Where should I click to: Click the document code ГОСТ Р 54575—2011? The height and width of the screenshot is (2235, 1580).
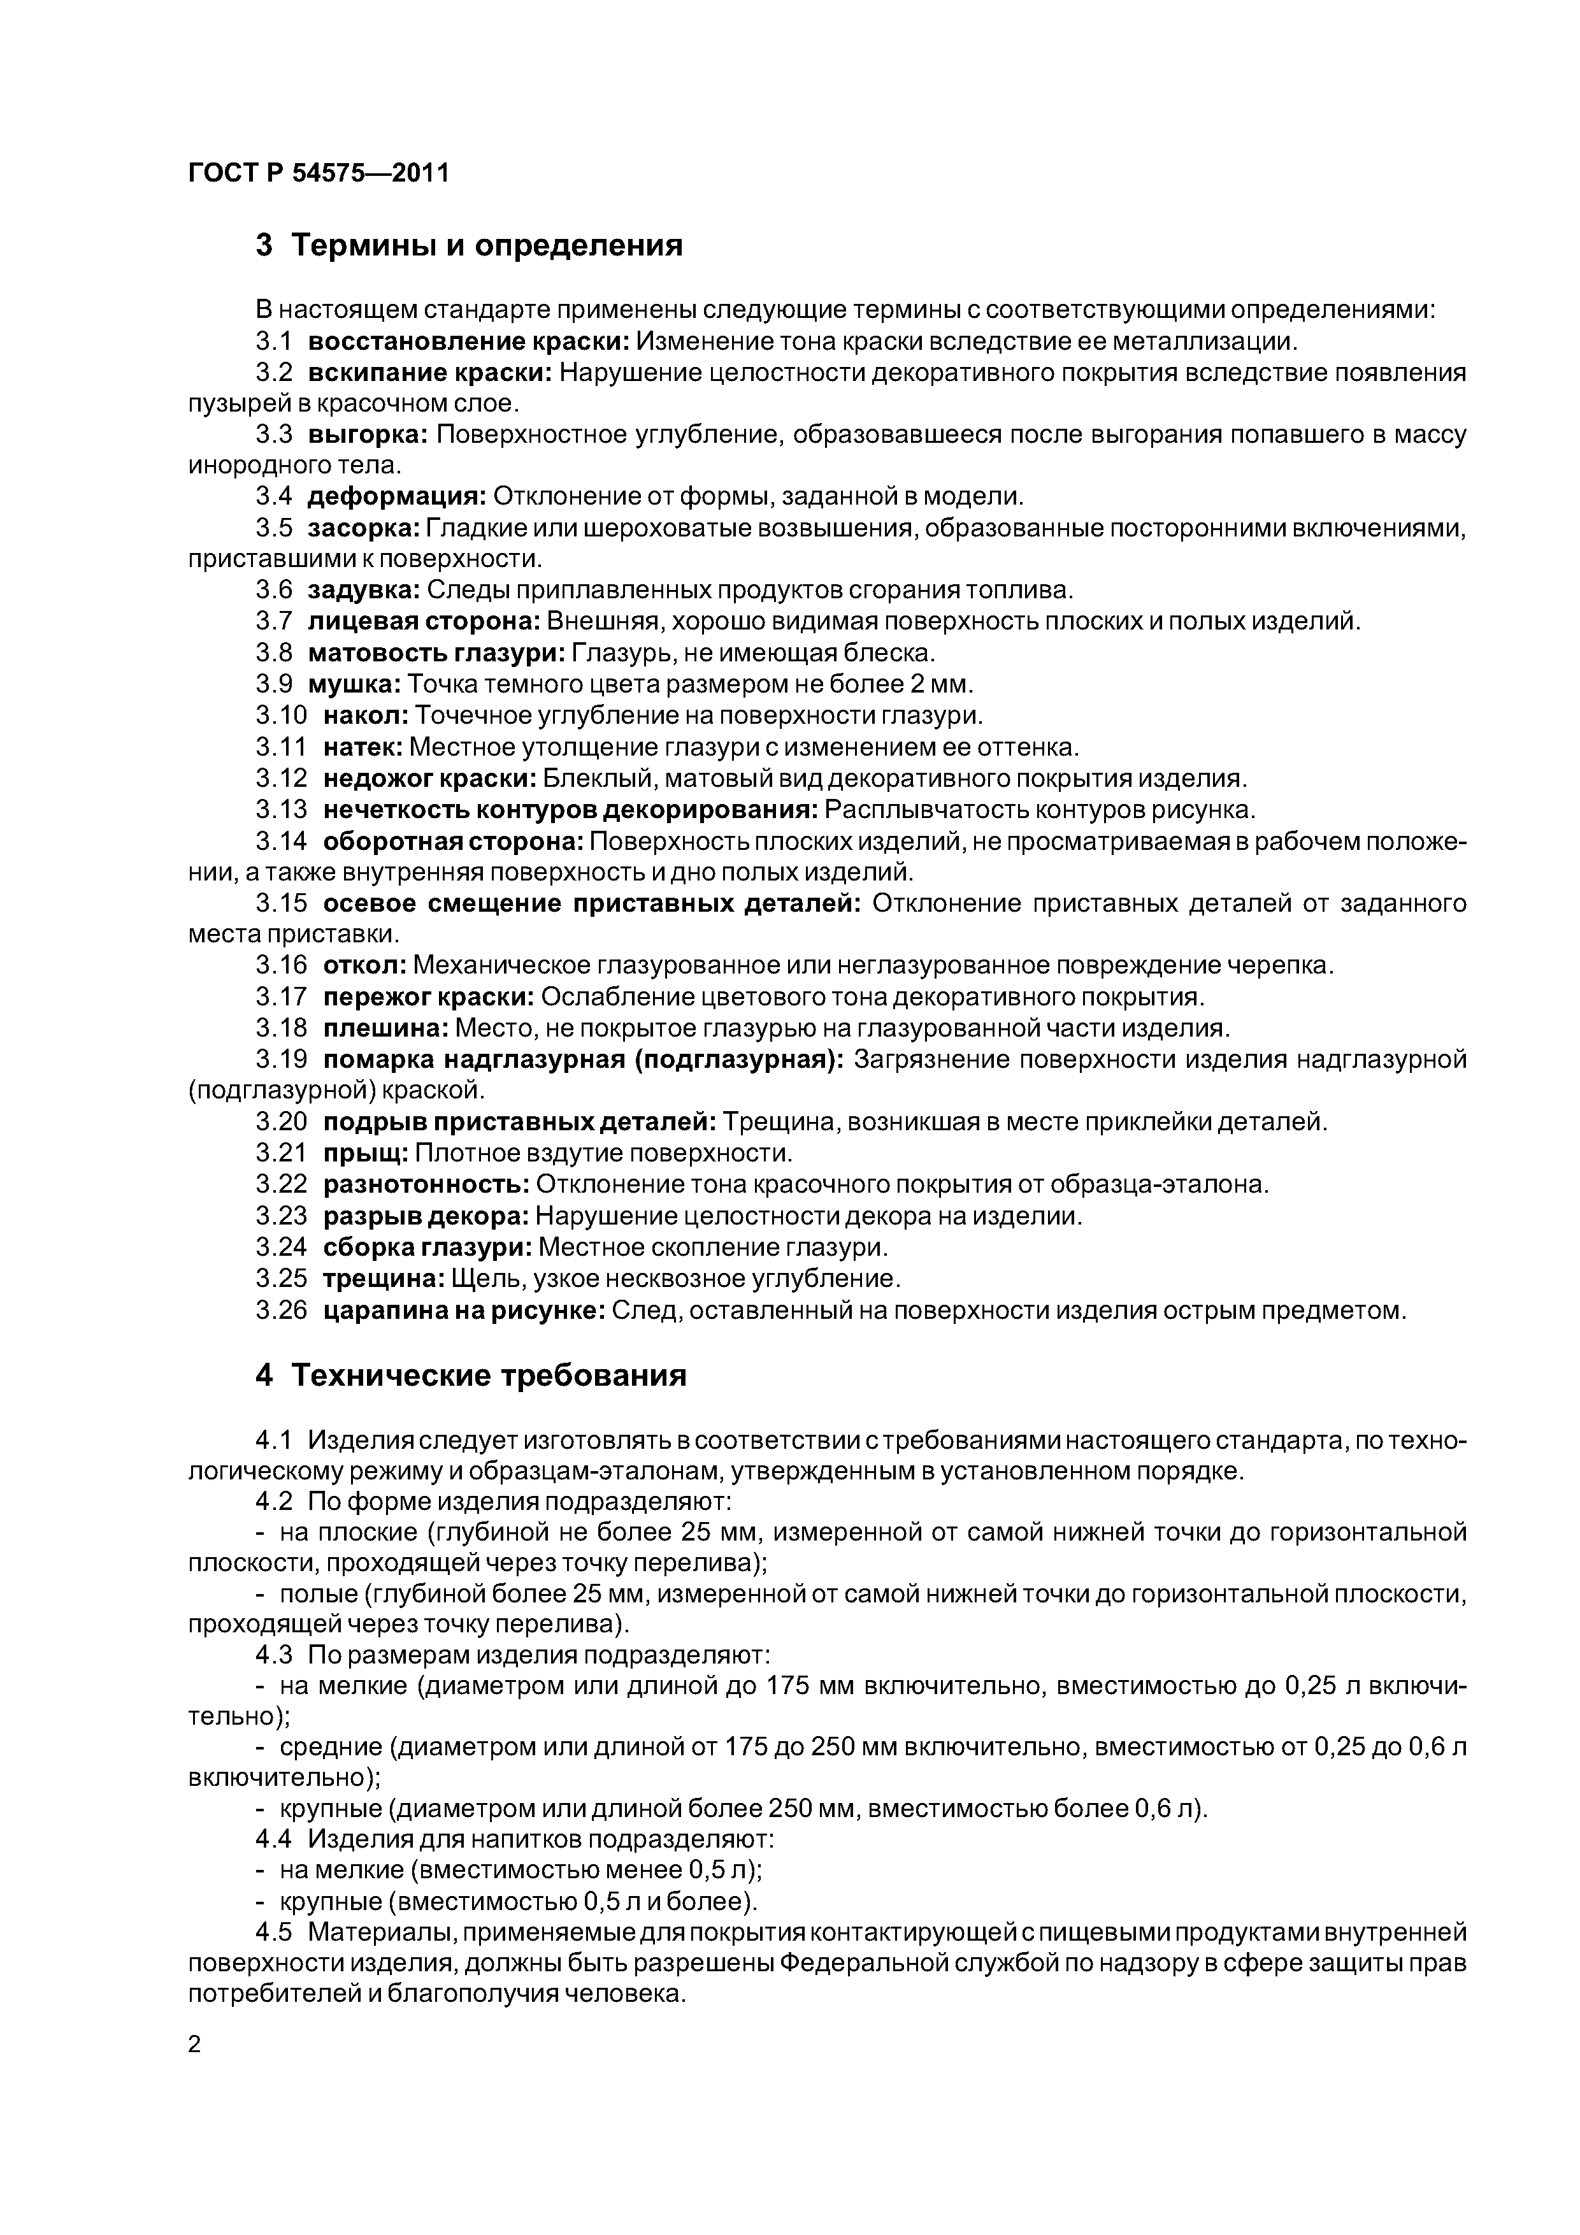pos(319,174)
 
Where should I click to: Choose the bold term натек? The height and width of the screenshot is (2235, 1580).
pos(362,747)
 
